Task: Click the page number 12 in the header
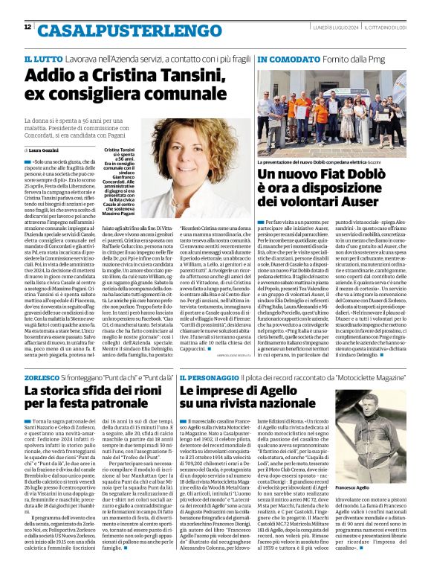point(27,28)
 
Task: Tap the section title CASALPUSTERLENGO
point(111,31)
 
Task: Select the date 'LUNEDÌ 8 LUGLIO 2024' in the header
point(330,28)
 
